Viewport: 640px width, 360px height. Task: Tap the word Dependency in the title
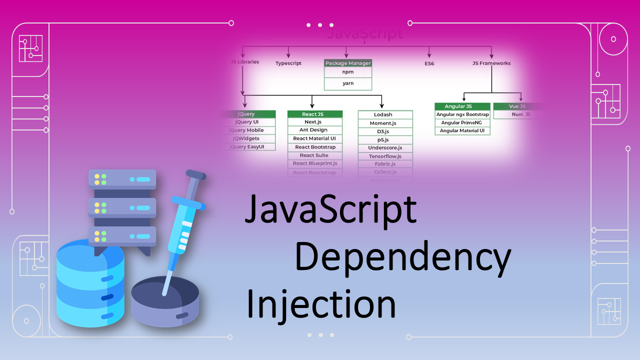[x=402, y=257]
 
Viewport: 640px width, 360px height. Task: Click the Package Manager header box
[x=348, y=63]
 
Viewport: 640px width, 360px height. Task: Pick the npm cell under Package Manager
[x=348, y=72]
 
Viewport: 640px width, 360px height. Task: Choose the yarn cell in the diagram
[x=348, y=83]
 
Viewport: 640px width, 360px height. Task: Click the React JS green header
[x=315, y=114]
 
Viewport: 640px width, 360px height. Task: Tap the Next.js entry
[x=315, y=122]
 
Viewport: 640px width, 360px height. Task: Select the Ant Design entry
[x=315, y=130]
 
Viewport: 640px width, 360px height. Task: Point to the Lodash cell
[x=385, y=115]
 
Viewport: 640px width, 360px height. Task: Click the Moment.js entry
[x=385, y=123]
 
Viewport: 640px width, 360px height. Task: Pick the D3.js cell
[x=385, y=131]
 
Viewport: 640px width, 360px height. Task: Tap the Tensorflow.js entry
[x=385, y=156]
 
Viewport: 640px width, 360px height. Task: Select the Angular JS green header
[x=462, y=106]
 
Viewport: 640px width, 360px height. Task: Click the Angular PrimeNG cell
[x=462, y=123]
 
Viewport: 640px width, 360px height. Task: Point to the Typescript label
[x=288, y=63]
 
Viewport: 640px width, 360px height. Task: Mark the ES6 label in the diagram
[x=429, y=63]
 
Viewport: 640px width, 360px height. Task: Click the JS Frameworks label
[x=491, y=63]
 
